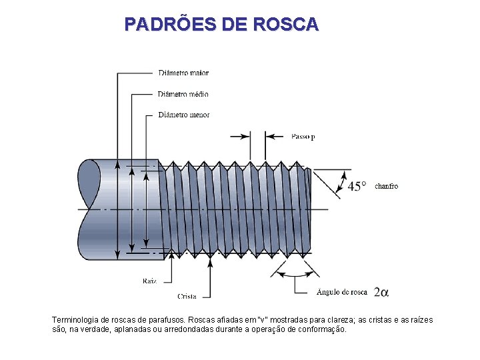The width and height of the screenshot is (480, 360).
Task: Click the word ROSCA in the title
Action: click(x=286, y=25)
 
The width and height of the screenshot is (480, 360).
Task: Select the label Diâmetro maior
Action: click(x=183, y=72)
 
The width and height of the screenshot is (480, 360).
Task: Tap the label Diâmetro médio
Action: click(x=183, y=94)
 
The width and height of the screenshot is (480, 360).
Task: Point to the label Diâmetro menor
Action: click(x=184, y=115)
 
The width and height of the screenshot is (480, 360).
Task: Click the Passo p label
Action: click(x=303, y=137)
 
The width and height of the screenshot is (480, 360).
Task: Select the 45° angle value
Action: click(x=357, y=187)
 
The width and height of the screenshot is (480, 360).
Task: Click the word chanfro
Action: click(x=387, y=186)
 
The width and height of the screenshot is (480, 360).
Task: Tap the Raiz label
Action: click(x=149, y=281)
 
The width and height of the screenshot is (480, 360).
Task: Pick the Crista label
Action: click(x=187, y=296)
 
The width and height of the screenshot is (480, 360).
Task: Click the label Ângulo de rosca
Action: click(x=342, y=291)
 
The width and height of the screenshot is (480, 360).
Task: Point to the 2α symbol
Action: click(x=381, y=292)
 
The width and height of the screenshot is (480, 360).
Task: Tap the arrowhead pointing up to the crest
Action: click(x=211, y=261)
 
